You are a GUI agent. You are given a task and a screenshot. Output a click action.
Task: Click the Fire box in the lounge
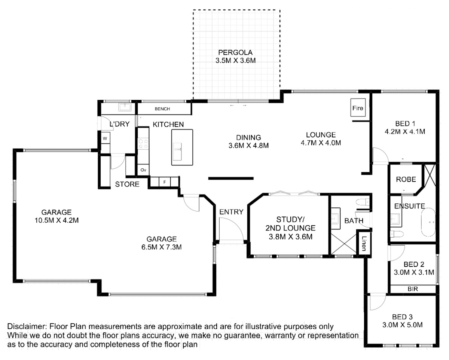click(358, 107)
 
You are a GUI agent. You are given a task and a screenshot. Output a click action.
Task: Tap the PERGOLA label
click(235, 52)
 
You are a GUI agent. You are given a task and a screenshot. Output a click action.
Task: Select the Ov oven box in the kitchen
click(143, 170)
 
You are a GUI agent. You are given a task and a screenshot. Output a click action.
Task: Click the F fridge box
click(165, 182)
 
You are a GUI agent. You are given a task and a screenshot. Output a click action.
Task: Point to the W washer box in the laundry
click(105, 138)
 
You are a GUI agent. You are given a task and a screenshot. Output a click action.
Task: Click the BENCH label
click(162, 109)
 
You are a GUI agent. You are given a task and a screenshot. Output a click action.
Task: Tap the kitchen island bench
click(182, 147)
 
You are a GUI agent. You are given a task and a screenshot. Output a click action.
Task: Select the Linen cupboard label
click(364, 244)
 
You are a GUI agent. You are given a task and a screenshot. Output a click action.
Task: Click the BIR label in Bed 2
click(413, 289)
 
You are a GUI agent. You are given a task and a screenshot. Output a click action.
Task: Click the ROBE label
click(406, 179)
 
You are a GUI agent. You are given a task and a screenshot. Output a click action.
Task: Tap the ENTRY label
click(231, 212)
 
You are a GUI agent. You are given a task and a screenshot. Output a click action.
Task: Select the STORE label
click(127, 184)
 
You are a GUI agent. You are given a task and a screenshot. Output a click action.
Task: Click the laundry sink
click(125, 107)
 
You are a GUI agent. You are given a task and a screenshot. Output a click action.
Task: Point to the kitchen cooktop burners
click(143, 144)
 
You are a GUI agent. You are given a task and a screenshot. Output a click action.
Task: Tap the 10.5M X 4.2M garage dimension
click(56, 220)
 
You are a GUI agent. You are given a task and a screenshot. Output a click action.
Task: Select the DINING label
click(248, 137)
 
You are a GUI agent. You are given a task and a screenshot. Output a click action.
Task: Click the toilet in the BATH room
click(363, 202)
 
